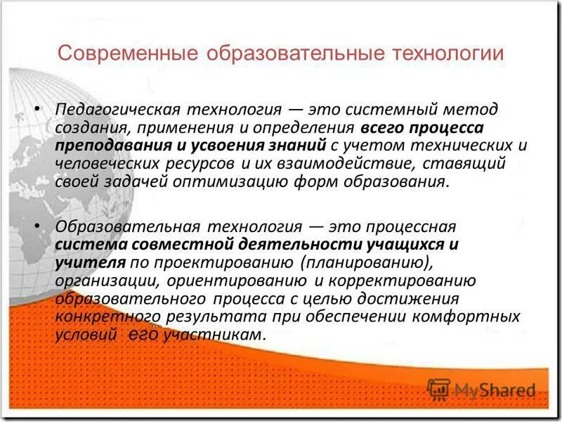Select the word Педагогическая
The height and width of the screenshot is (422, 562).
(x=119, y=110)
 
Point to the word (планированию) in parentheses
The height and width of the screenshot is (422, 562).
(x=362, y=263)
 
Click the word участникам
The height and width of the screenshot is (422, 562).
(x=214, y=335)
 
